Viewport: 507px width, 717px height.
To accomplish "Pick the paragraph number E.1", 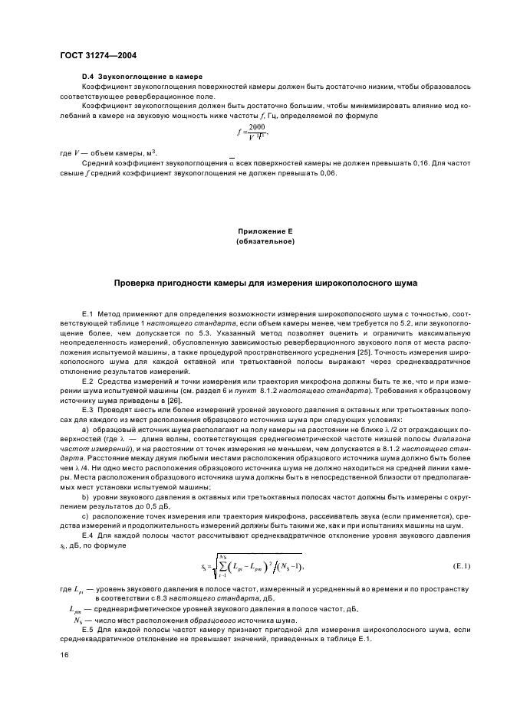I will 87,314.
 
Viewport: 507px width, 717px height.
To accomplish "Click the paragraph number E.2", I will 87,381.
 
